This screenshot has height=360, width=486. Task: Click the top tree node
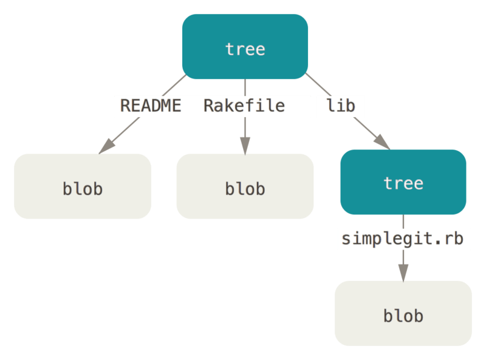point(245,47)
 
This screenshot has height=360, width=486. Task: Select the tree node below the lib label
point(403,182)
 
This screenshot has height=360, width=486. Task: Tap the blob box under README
point(83,186)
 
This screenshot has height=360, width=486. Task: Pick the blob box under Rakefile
point(245,186)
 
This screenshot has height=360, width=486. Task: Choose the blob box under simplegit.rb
point(403,313)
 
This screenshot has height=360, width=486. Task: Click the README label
point(151,106)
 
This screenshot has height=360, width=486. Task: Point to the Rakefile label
point(244,106)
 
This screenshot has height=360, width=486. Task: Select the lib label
point(340,106)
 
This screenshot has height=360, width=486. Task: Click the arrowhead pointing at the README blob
point(107,146)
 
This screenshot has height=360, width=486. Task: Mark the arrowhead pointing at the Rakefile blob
point(245,146)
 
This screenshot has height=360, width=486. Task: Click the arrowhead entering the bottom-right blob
point(403,273)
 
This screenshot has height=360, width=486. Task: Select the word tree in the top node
point(245,49)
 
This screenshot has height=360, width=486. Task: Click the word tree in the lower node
point(403,183)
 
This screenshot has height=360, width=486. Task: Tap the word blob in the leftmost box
point(83,188)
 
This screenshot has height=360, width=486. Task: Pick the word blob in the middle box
point(245,188)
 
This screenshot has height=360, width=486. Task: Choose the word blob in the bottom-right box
point(403,316)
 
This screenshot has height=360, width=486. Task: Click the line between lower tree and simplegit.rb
point(403,222)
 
